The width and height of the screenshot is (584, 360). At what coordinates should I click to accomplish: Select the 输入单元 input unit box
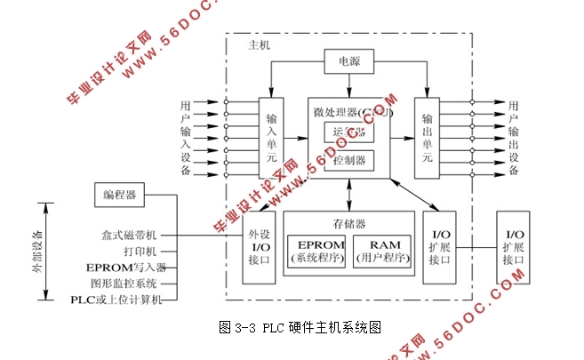(271, 137)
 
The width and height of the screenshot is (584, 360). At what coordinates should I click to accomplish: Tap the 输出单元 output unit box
(428, 137)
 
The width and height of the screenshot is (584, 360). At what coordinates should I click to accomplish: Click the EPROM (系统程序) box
(316, 251)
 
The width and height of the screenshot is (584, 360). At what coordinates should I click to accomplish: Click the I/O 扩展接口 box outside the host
(515, 247)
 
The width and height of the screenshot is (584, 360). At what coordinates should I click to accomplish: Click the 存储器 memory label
(349, 221)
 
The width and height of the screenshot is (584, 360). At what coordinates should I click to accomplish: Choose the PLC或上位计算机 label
(116, 300)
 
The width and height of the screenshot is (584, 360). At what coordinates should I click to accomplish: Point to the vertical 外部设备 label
(37, 254)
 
